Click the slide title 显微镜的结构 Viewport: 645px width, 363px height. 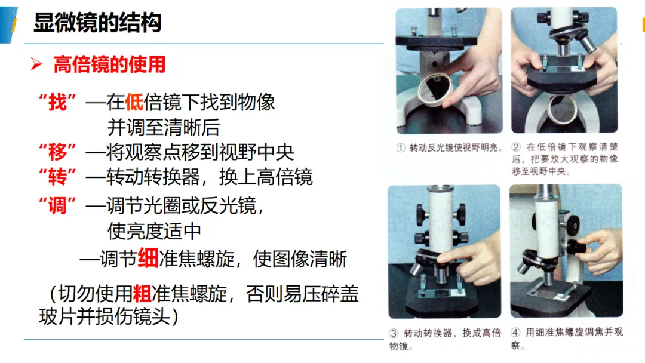[x=97, y=22]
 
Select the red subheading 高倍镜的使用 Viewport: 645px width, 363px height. [x=109, y=64]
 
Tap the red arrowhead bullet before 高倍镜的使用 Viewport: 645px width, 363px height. [x=36, y=64]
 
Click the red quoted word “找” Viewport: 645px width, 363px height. [x=57, y=102]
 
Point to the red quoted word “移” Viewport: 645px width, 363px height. [x=57, y=152]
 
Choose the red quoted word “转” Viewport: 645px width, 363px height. [x=57, y=177]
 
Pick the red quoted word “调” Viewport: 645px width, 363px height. [x=57, y=205]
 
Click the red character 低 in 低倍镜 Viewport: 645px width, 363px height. [x=134, y=102]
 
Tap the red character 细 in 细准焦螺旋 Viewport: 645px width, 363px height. [x=148, y=259]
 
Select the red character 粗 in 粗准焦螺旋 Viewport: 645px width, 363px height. [x=142, y=294]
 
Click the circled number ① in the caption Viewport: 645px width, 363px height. [x=401, y=148]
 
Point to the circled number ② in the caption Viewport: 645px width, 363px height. [x=516, y=147]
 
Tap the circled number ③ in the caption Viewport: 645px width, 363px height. [x=394, y=333]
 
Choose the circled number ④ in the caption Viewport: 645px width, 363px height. [x=515, y=332]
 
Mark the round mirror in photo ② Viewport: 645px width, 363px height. [x=562, y=109]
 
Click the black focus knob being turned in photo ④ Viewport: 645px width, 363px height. [x=577, y=248]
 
